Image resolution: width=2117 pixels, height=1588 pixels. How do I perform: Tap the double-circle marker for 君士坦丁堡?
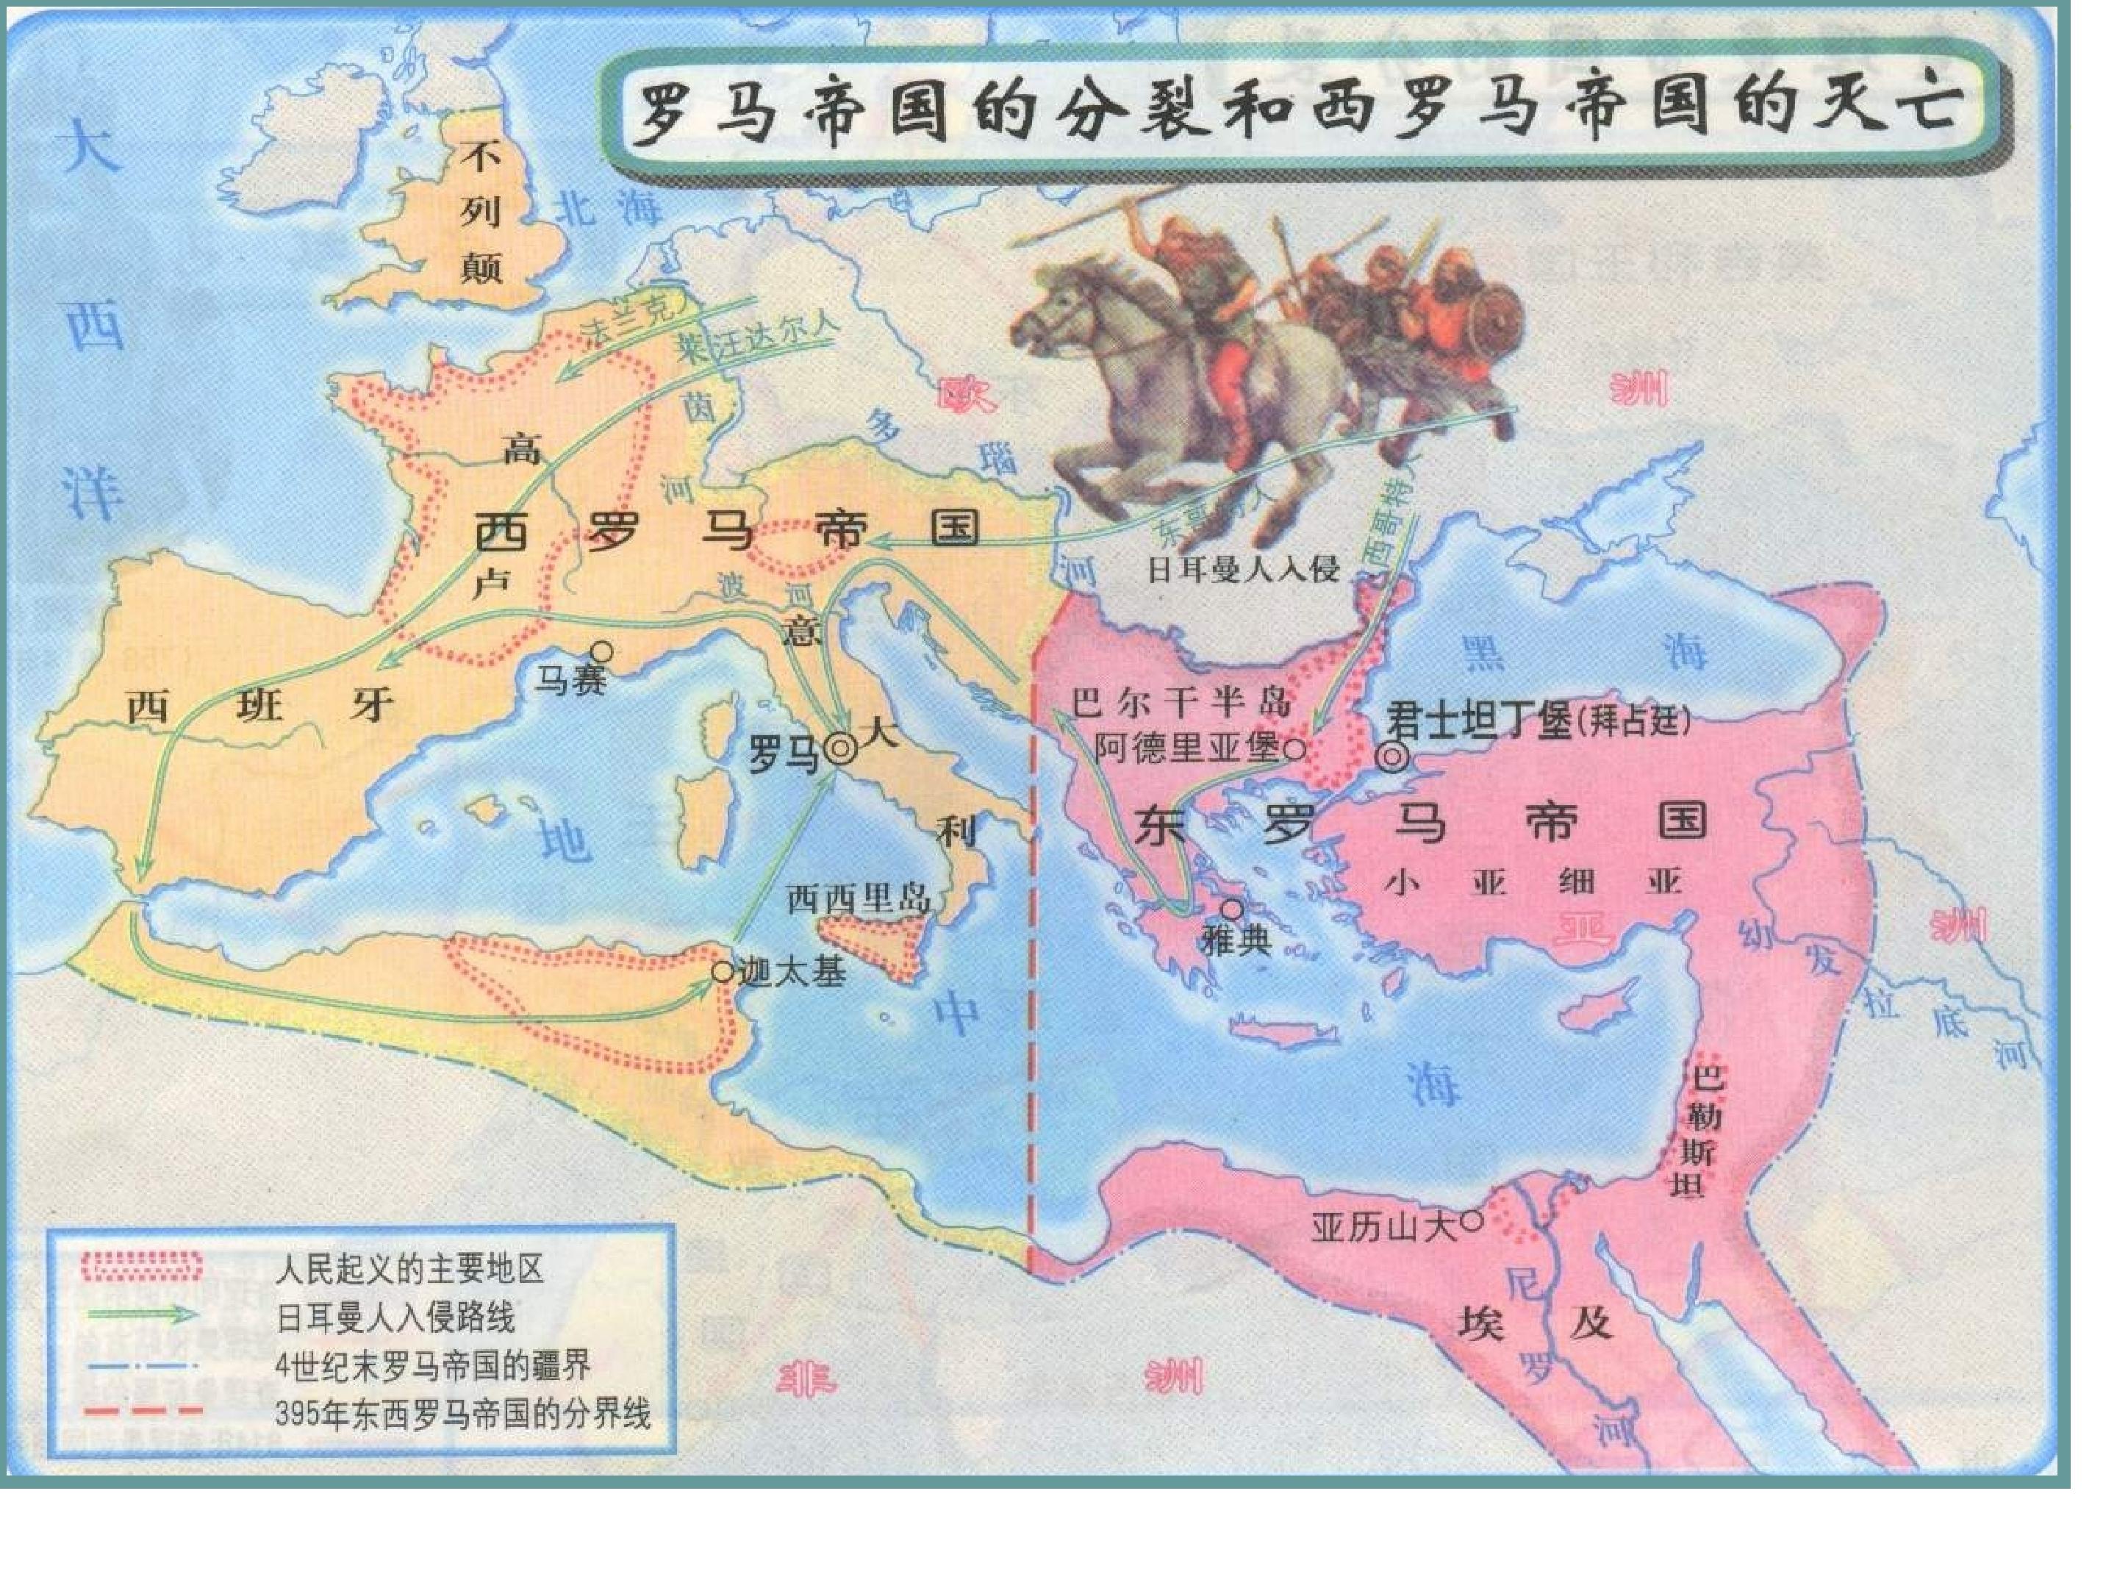[1392, 758]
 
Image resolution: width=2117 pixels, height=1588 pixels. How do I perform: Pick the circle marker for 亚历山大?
[1472, 1220]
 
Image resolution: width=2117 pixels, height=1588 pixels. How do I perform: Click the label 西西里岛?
[859, 899]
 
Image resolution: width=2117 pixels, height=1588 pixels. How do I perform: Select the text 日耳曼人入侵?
[1242, 570]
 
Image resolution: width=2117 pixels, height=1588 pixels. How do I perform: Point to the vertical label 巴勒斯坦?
[1705, 1131]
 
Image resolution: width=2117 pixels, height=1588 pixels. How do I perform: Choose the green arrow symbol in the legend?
[143, 1315]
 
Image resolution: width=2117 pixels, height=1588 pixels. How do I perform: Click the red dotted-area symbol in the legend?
[143, 1267]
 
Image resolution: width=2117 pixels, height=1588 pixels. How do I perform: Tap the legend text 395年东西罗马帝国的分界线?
[462, 1414]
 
